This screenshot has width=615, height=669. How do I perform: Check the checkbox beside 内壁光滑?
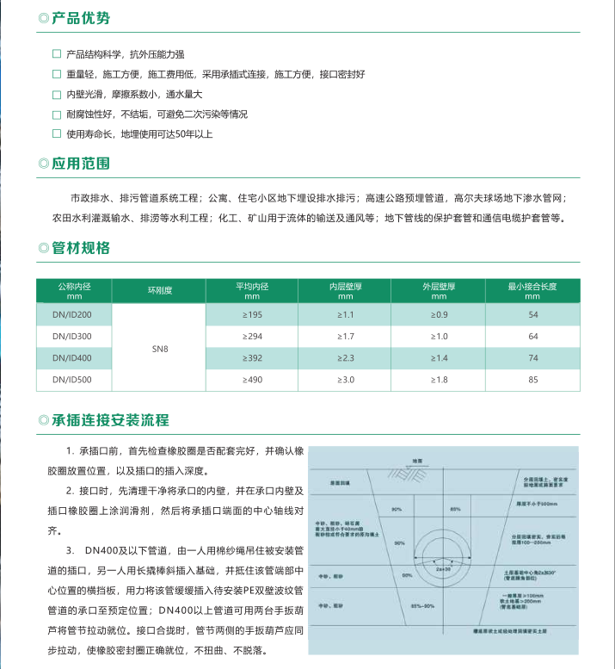pos(57,94)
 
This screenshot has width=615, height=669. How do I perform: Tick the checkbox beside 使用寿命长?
pos(57,133)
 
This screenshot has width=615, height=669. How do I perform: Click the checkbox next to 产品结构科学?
pos(57,53)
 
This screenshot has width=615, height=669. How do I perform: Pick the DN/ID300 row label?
pos(73,336)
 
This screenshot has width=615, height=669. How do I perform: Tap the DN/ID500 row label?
pos(73,379)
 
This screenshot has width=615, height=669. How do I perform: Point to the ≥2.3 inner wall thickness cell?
pos(346,357)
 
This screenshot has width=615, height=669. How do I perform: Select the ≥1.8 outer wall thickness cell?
pos(439,379)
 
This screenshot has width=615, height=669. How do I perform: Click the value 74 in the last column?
pos(533,357)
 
